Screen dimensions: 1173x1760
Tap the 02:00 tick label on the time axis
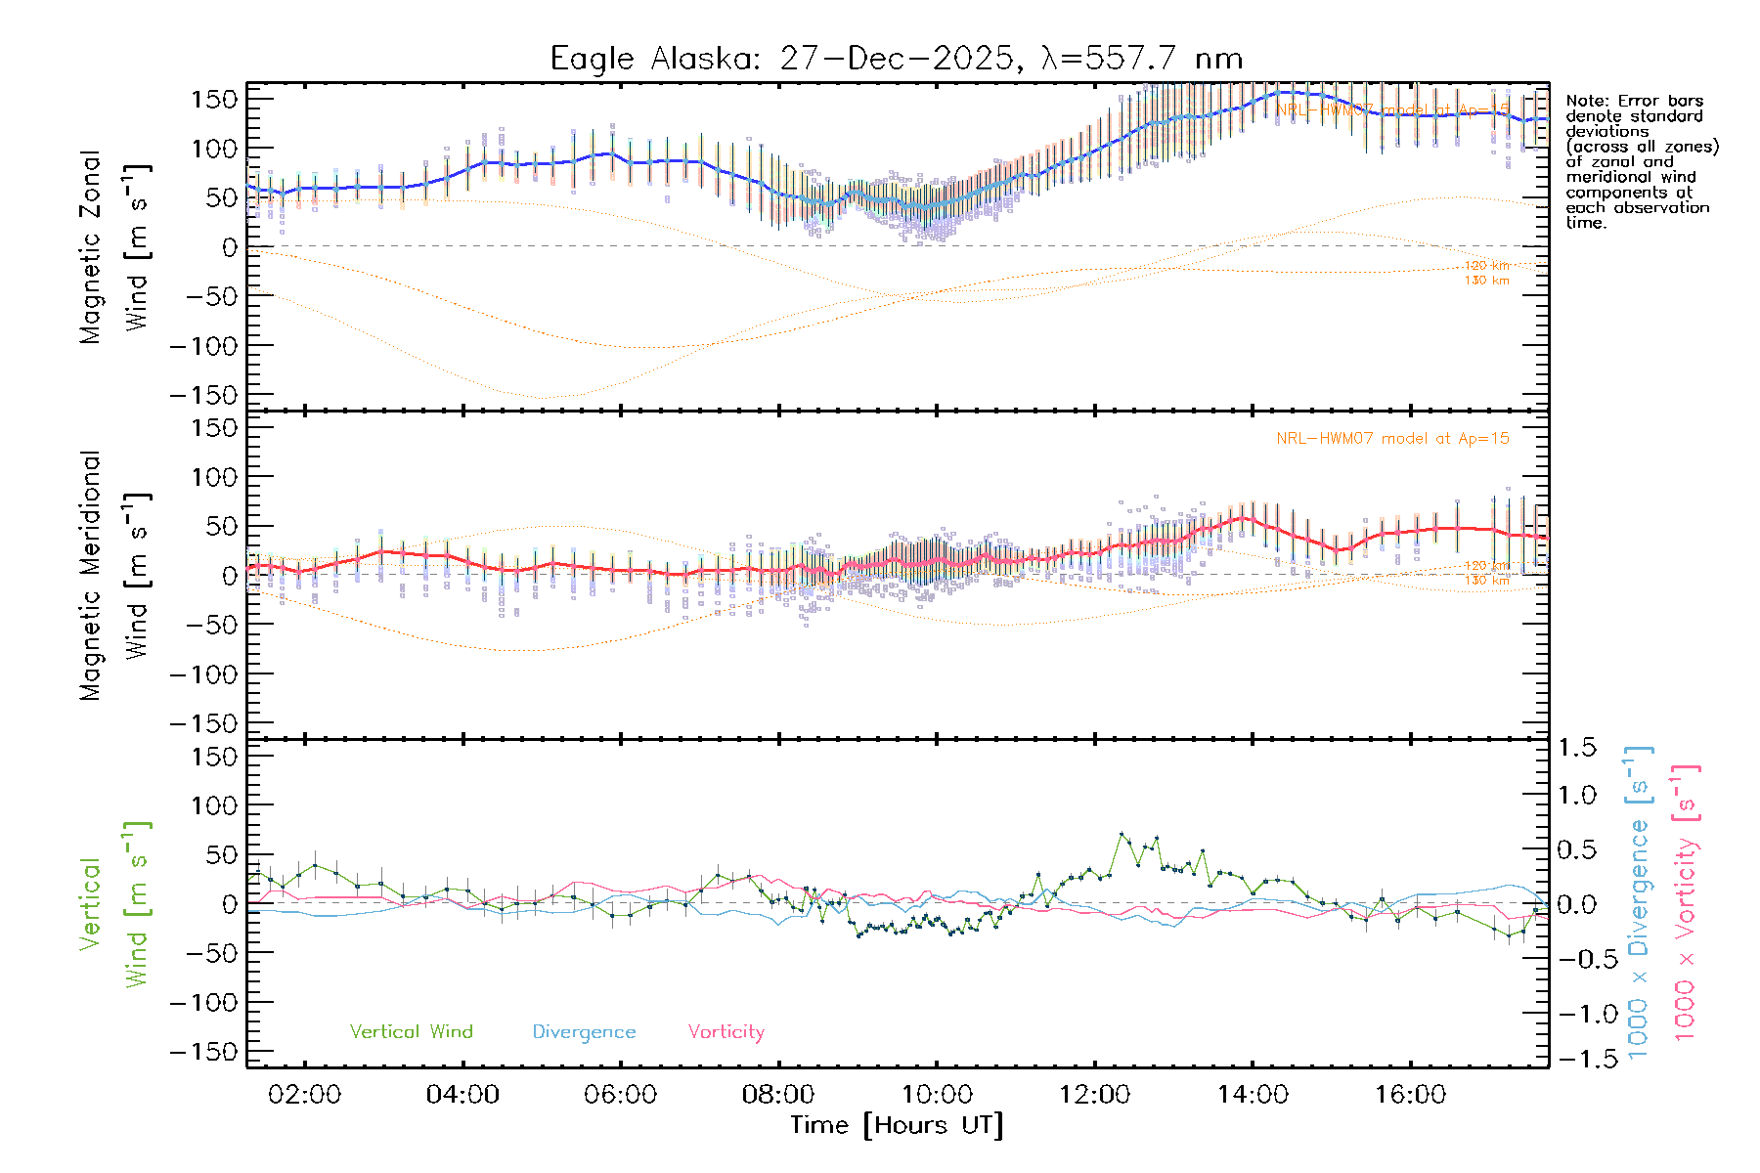pyautogui.click(x=304, y=1095)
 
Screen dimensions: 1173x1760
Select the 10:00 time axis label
pyautogui.click(x=937, y=1095)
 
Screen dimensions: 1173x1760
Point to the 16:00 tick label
pyautogui.click(x=1410, y=1095)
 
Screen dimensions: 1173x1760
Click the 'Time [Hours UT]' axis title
pyautogui.click(x=897, y=1125)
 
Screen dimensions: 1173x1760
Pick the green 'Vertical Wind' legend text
pyautogui.click(x=411, y=1032)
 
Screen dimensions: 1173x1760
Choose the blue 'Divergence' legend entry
pyautogui.click(x=584, y=1032)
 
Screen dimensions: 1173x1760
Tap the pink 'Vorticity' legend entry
pyautogui.click(x=726, y=1032)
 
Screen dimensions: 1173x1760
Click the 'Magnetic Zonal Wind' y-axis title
pyautogui.click(x=113, y=246)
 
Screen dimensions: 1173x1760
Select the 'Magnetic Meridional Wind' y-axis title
pyautogui.click(x=113, y=575)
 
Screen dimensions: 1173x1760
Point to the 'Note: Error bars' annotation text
pyautogui.click(x=1635, y=102)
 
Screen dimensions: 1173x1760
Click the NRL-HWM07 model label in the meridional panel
pyautogui.click(x=1392, y=439)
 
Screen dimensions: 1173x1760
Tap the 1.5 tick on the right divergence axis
pyautogui.click(x=1577, y=748)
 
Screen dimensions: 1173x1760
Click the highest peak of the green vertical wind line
pyautogui.click(x=1122, y=834)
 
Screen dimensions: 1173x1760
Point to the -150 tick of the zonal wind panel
pyautogui.click(x=203, y=395)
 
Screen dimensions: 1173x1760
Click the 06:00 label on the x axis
pyautogui.click(x=621, y=1095)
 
